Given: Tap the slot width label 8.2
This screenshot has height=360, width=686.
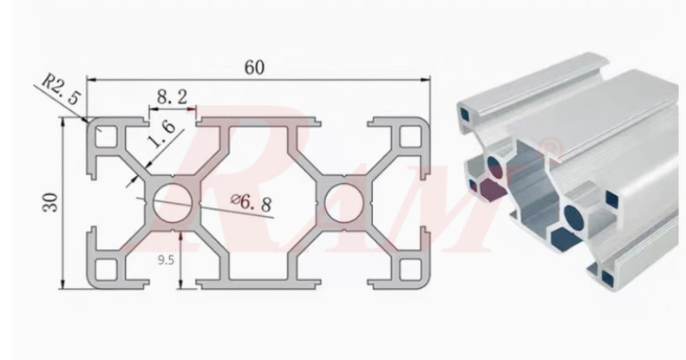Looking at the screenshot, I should point(173,99).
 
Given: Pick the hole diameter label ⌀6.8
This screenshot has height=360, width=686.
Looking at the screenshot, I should point(251,204).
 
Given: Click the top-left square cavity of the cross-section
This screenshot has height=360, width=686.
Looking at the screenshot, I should point(108,138).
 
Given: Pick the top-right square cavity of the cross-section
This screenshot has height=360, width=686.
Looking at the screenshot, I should point(406,138).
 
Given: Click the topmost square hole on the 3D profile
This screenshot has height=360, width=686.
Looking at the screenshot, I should point(467,110).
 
